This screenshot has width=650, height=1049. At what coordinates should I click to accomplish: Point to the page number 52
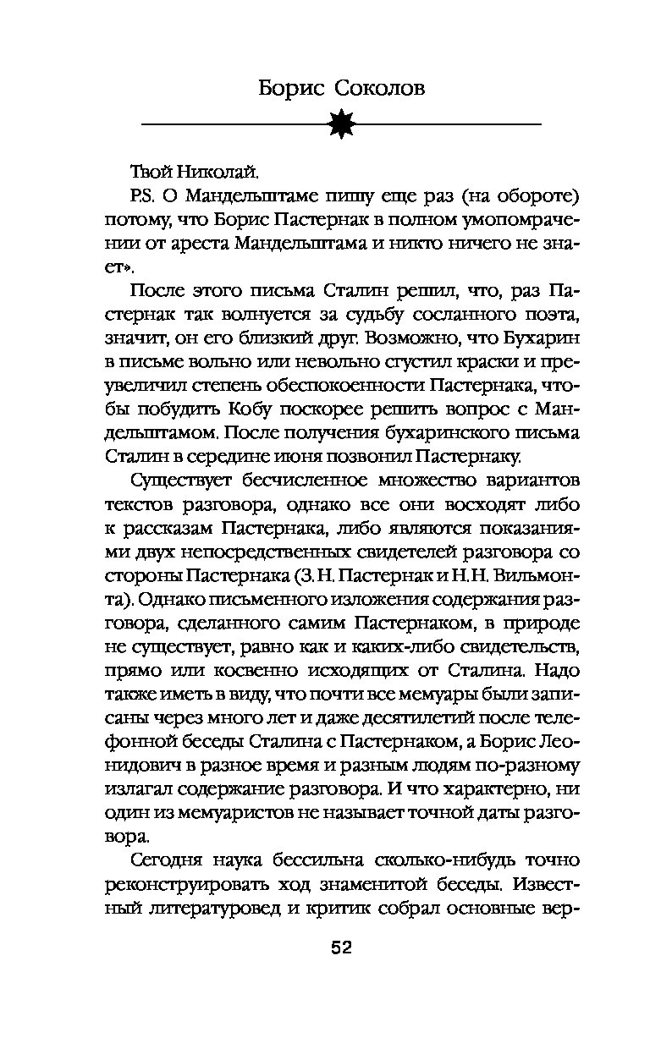(341, 947)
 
